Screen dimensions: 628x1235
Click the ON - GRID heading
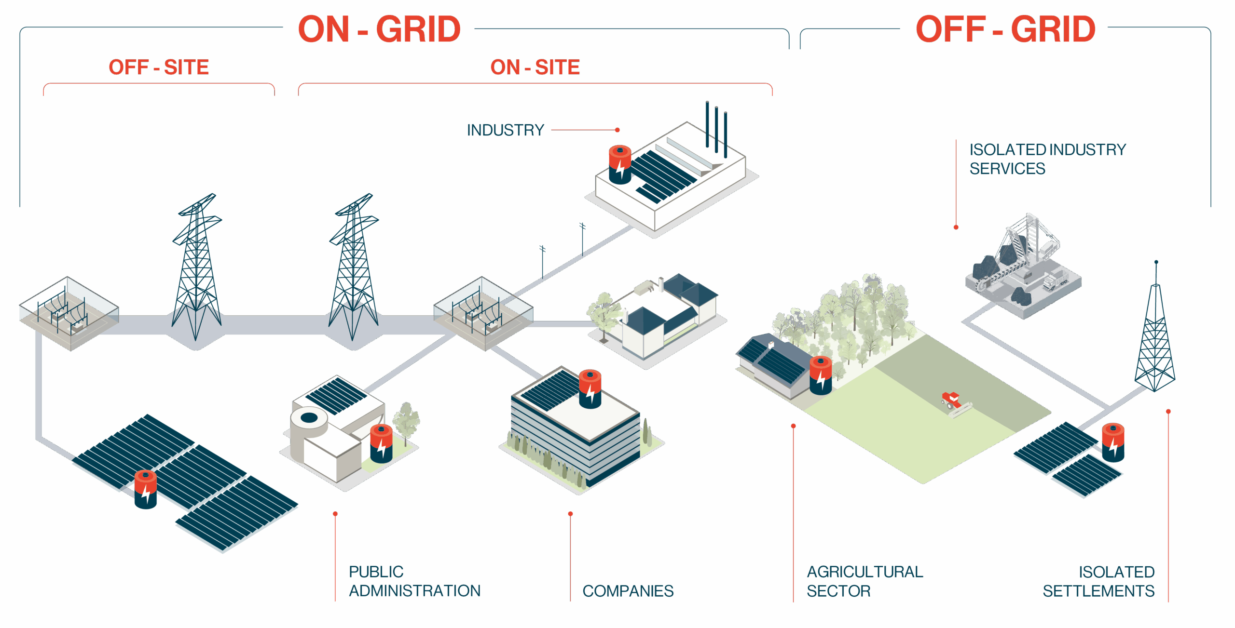(379, 29)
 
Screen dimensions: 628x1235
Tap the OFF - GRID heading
(1005, 29)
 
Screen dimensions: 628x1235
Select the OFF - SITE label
(159, 67)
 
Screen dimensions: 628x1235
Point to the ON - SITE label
(535, 67)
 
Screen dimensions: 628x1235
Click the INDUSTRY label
(505, 130)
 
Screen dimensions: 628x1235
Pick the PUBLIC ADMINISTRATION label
(414, 581)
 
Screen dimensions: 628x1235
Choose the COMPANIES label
(628, 591)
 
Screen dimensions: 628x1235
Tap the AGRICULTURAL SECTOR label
(864, 581)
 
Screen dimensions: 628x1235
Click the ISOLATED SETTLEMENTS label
(1098, 581)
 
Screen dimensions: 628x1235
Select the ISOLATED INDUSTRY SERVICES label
(1047, 159)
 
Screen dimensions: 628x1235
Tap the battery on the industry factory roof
(620, 164)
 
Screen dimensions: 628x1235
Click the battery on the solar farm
(145, 489)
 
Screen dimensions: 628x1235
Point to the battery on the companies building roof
(590, 388)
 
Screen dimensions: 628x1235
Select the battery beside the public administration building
(381, 443)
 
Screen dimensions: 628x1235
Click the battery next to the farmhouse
(821, 375)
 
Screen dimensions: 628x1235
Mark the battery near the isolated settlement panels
(1113, 442)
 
